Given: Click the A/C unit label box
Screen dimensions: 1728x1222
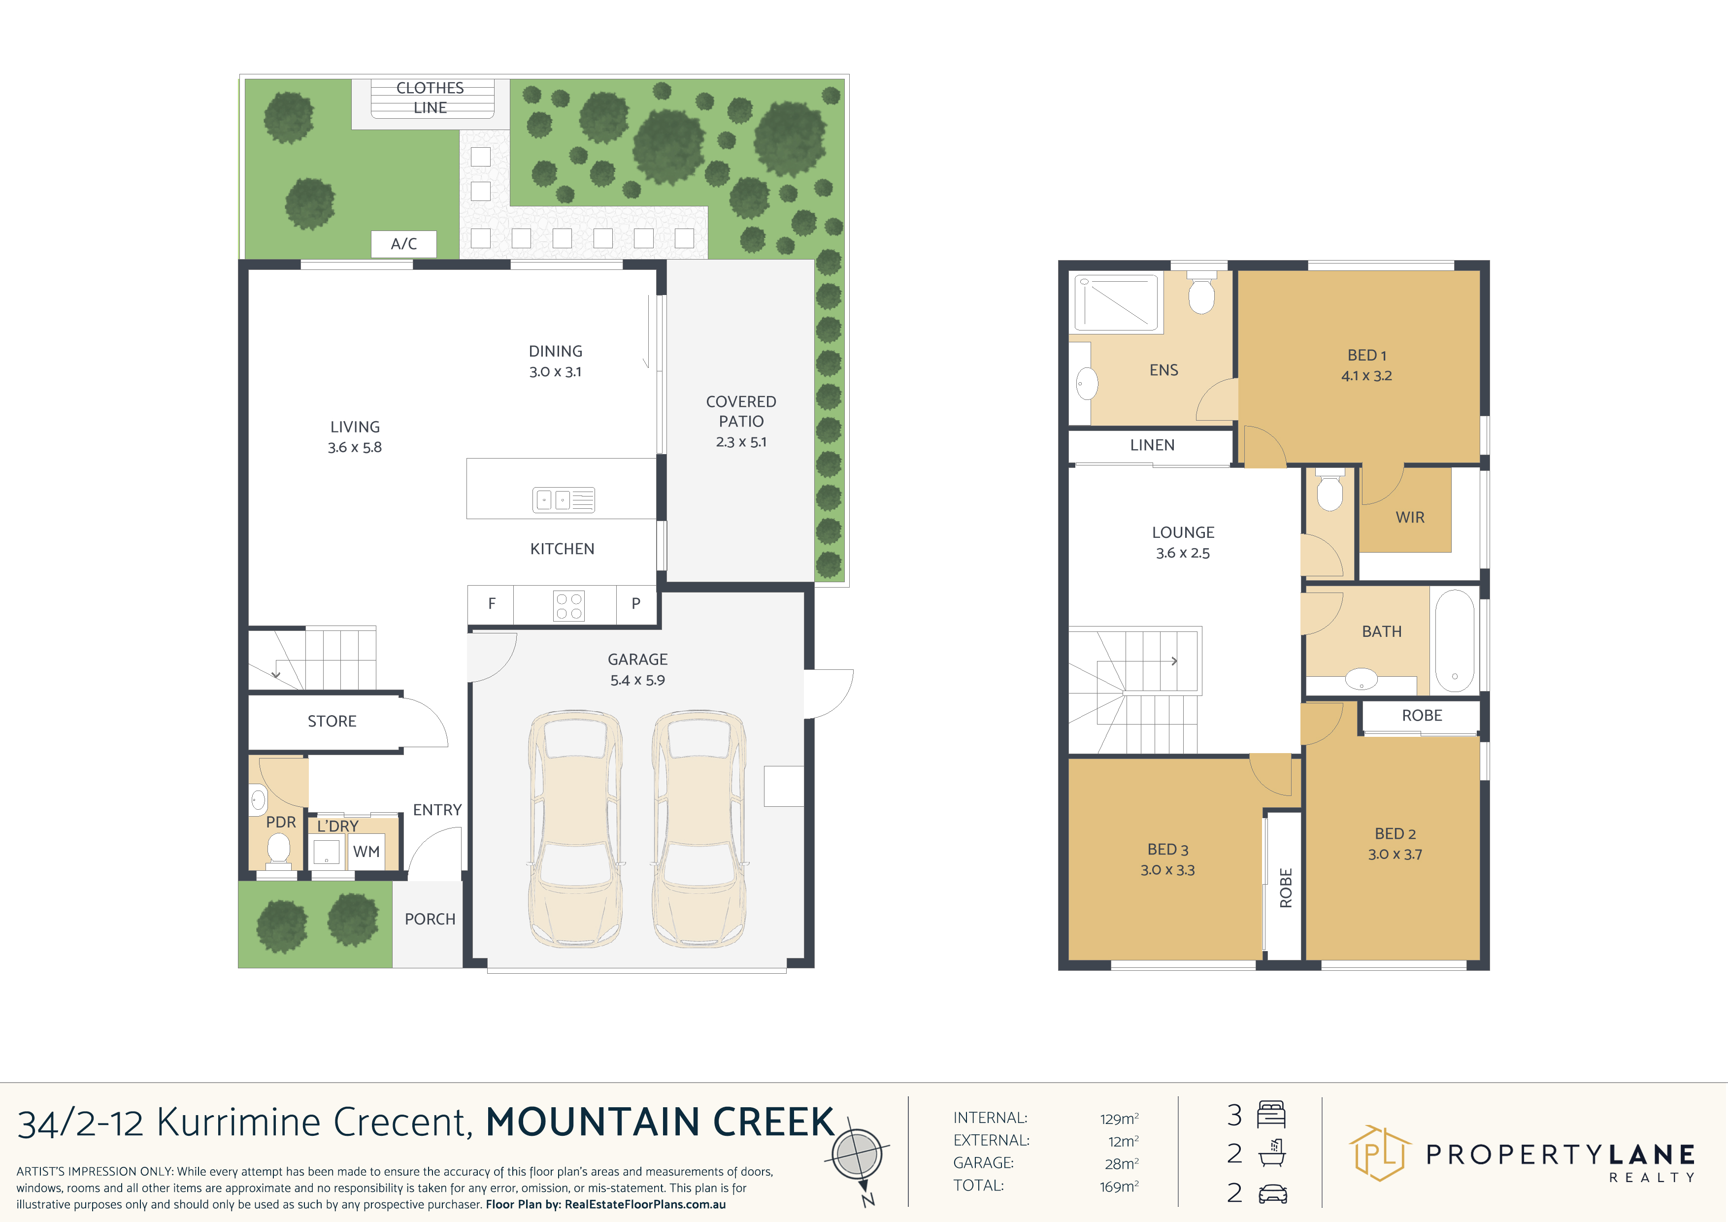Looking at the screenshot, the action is (x=403, y=244).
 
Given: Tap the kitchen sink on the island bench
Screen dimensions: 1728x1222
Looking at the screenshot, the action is (x=564, y=499).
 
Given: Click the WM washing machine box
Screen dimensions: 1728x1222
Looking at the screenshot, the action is (x=366, y=852).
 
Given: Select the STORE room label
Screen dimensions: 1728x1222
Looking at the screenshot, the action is (x=332, y=721).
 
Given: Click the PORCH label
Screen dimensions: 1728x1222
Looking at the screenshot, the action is (x=430, y=919).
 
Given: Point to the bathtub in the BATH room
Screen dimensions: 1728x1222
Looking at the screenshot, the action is (x=1454, y=640).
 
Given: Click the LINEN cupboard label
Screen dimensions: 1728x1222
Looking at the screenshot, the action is (x=1152, y=445).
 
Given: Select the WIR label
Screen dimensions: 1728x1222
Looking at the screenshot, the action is (x=1410, y=518).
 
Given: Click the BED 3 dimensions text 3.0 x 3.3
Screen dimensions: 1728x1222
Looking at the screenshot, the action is (x=1167, y=870).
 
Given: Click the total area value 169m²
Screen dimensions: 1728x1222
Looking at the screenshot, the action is (x=1119, y=1187).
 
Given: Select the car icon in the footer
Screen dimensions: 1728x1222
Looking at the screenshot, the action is (x=1273, y=1193).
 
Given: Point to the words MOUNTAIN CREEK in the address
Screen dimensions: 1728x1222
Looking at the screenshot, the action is (x=660, y=1122).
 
